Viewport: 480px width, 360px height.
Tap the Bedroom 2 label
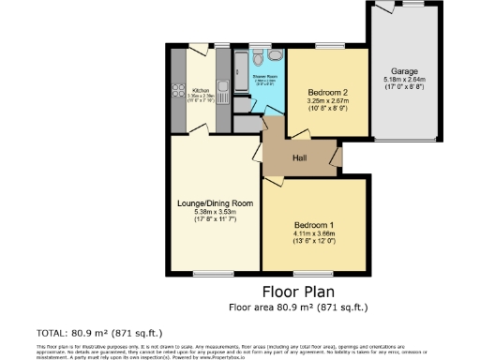coord(327,92)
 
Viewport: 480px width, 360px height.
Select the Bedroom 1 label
coord(312,225)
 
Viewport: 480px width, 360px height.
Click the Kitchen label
coord(201,90)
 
